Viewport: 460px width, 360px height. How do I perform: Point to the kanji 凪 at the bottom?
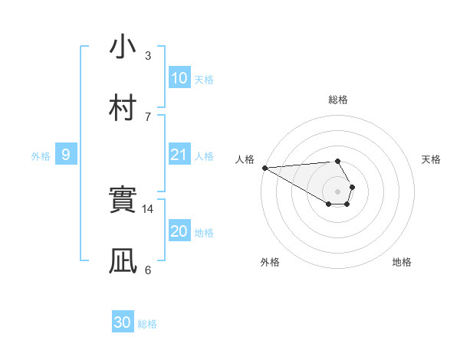(x=122, y=260)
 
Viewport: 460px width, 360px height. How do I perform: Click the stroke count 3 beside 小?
(x=148, y=55)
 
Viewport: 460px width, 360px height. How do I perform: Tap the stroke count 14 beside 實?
(x=148, y=208)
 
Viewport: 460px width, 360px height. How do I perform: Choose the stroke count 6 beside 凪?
(x=148, y=269)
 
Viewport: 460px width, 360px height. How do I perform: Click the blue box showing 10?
(x=179, y=78)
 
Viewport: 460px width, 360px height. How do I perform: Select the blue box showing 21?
(x=179, y=155)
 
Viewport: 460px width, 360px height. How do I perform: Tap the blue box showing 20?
(x=179, y=231)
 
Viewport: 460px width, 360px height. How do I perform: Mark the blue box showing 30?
(x=122, y=322)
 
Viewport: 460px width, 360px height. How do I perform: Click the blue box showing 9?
(x=66, y=155)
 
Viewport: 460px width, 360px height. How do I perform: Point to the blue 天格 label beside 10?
(x=204, y=79)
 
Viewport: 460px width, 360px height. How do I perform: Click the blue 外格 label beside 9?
(x=41, y=156)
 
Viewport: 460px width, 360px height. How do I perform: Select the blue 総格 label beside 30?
(x=147, y=324)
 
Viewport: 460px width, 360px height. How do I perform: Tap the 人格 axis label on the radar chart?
(x=244, y=159)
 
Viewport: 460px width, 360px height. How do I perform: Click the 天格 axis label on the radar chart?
(x=432, y=159)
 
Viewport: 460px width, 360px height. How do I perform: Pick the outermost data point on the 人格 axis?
(x=264, y=168)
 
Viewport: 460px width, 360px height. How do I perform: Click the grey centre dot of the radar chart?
(x=338, y=191)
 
